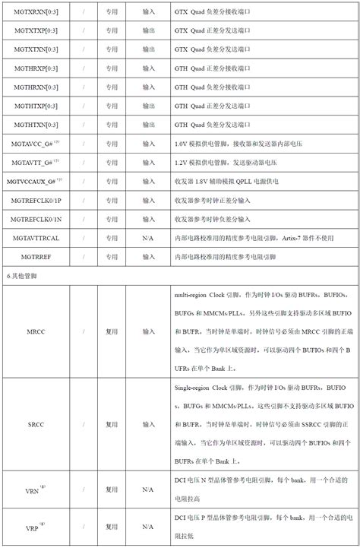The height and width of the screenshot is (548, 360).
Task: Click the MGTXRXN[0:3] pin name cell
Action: tap(36, 11)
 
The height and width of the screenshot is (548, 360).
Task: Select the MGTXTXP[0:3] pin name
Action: tap(36, 30)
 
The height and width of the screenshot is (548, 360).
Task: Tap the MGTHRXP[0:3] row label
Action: tap(36, 68)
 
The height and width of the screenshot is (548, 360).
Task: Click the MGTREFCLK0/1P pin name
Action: tap(36, 201)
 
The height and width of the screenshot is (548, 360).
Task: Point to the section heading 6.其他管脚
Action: tap(22, 277)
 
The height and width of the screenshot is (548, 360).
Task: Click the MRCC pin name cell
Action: tap(36, 331)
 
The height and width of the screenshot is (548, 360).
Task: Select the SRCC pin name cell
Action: tap(36, 424)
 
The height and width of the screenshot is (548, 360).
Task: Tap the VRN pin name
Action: tap(34, 490)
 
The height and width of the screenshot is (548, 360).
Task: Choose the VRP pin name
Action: tap(34, 527)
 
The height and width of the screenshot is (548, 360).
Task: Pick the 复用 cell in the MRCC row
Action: tap(112, 331)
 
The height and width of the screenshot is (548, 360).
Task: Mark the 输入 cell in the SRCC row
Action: tap(148, 424)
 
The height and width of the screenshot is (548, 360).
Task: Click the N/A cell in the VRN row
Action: tap(148, 490)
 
